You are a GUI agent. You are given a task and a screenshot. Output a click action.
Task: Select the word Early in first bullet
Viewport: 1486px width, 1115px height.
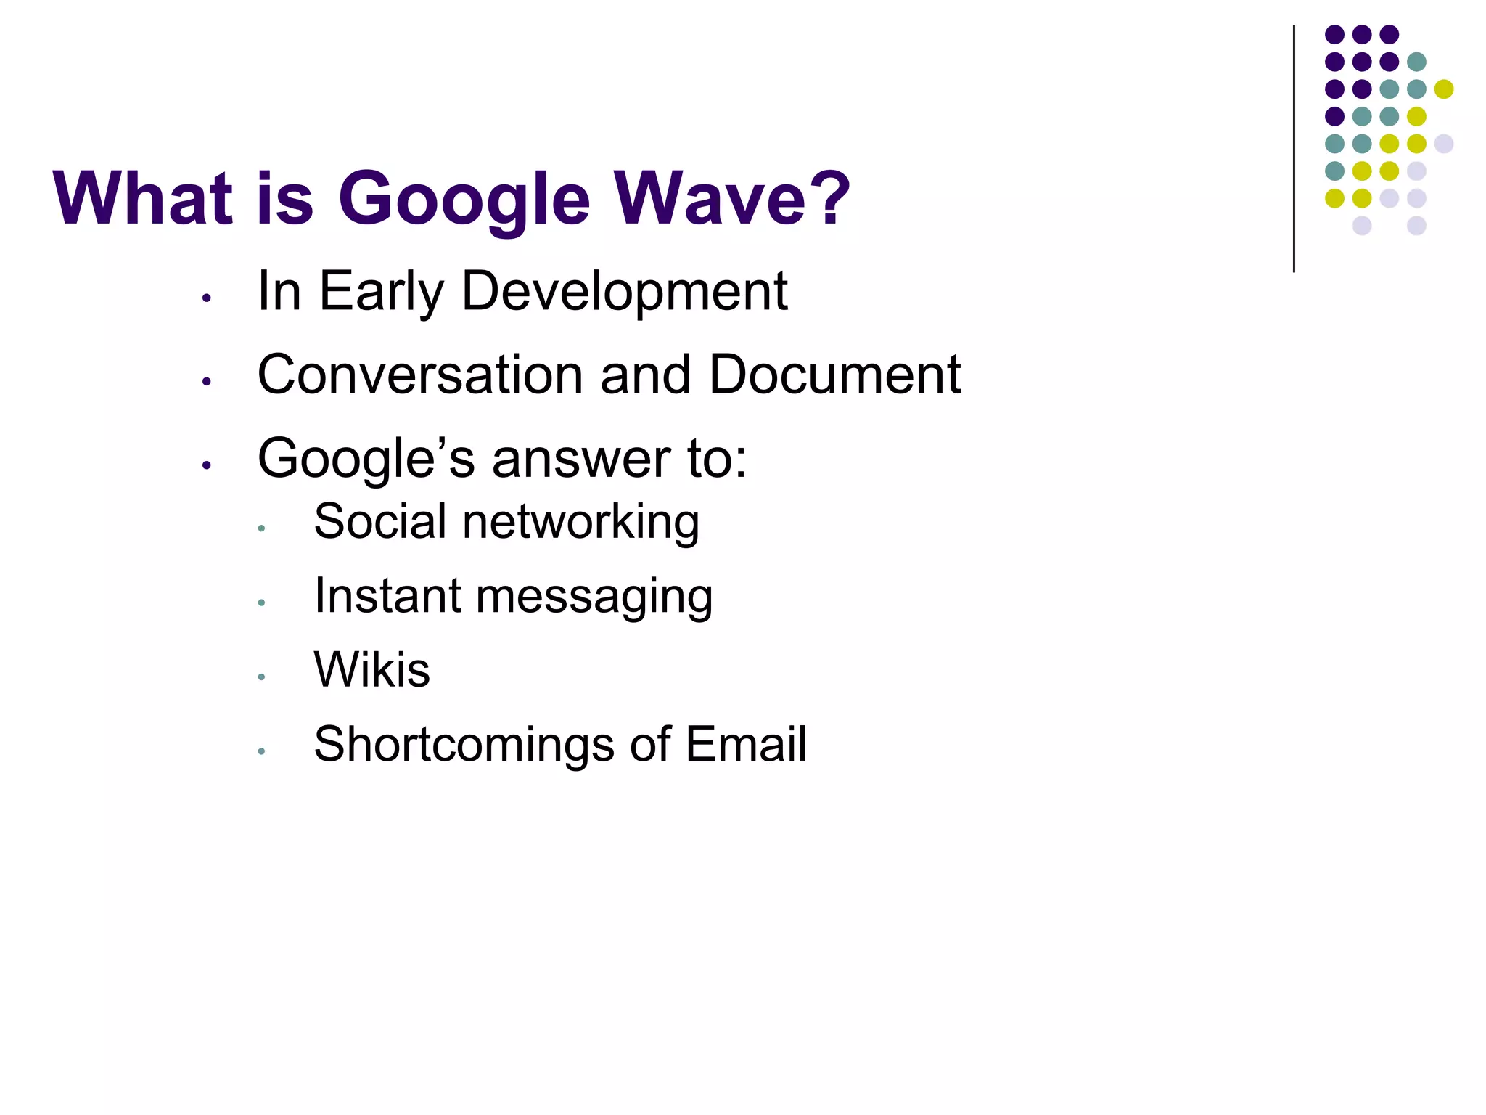pos(382,292)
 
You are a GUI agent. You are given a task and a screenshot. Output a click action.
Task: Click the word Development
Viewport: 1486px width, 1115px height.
pos(624,292)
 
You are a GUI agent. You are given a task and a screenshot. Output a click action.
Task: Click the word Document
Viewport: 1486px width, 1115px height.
pos(834,375)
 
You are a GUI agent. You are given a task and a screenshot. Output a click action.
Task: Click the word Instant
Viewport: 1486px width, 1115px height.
pos(387,596)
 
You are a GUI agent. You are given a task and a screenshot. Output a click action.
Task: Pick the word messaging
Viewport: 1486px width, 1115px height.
pos(594,597)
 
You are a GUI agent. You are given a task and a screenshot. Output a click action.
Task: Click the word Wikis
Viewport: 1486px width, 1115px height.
pos(371,669)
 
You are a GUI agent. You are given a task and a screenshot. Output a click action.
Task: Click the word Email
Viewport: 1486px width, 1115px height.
pos(745,745)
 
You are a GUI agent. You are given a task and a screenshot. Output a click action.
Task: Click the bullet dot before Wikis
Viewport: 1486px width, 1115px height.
pos(261,677)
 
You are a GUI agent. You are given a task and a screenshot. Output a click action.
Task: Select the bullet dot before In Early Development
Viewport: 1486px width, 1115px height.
pos(207,298)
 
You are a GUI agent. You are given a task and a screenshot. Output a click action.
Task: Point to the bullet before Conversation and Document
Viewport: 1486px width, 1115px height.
pos(207,381)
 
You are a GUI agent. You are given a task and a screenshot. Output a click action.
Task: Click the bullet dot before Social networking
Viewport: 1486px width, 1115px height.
pos(261,528)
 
